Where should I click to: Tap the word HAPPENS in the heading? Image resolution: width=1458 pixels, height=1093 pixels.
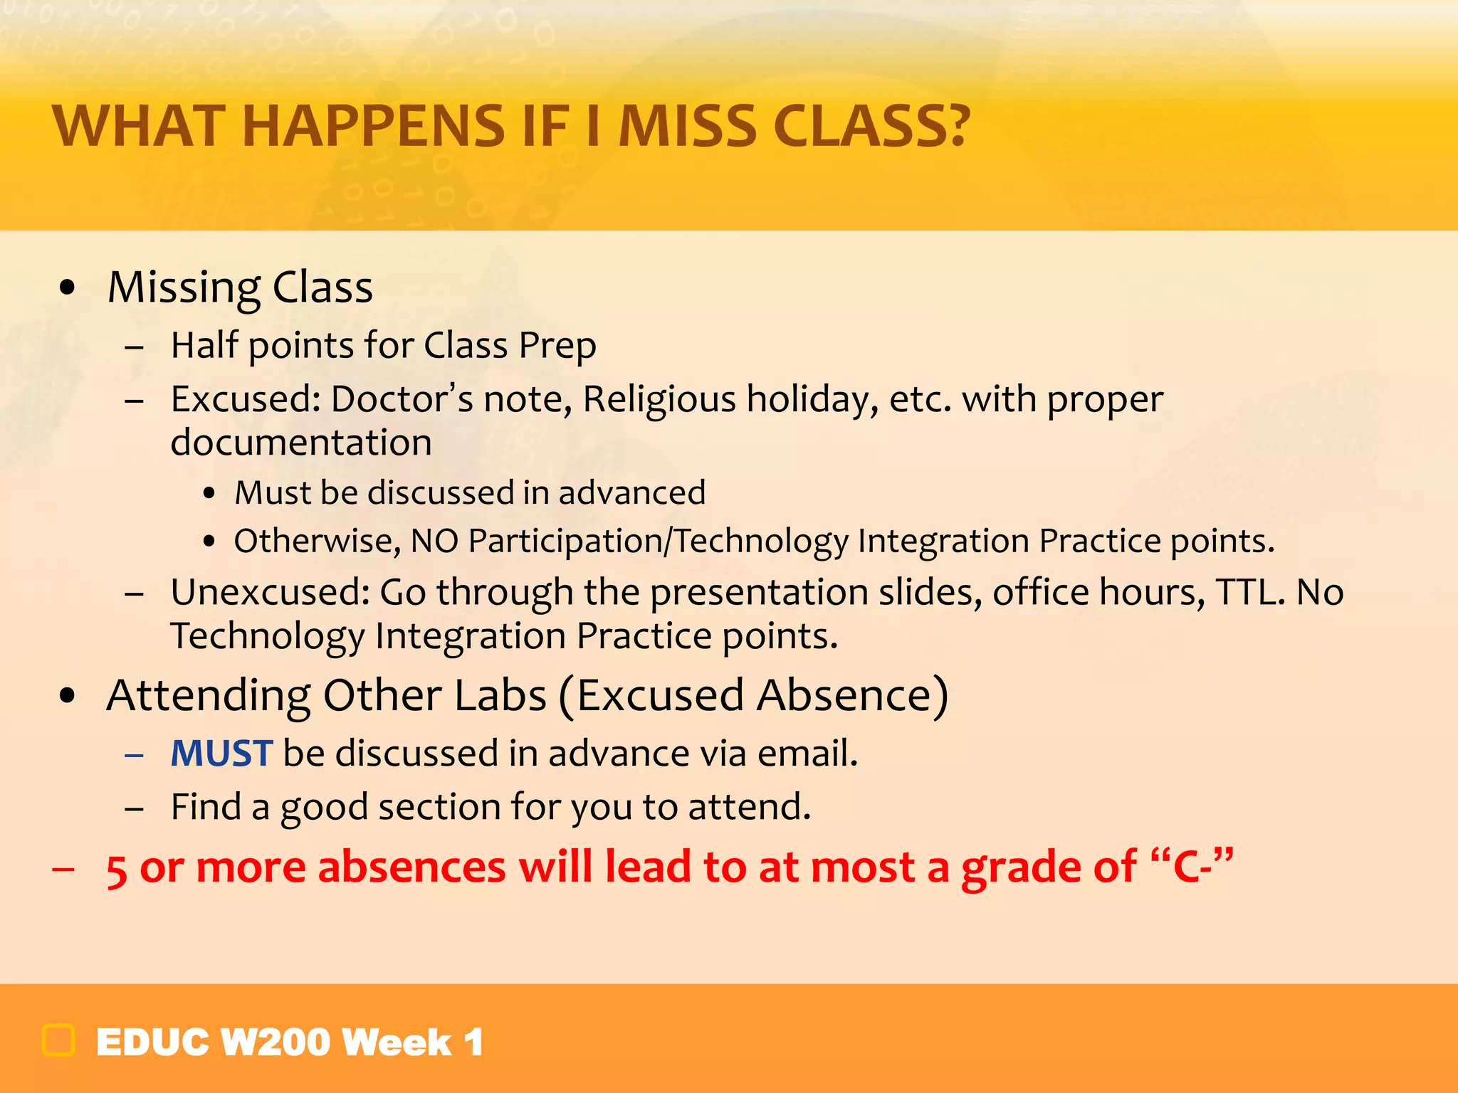[x=373, y=127]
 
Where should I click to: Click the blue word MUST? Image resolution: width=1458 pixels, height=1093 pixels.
[x=221, y=753]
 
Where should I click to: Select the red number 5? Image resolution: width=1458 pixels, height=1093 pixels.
[x=117, y=870]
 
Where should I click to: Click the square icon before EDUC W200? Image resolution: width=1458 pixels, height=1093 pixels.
[x=58, y=1040]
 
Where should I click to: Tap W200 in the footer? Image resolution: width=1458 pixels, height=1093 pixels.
[x=276, y=1042]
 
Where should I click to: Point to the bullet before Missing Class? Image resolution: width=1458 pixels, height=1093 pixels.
[x=68, y=287]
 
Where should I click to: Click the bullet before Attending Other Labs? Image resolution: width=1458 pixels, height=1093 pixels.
[x=68, y=695]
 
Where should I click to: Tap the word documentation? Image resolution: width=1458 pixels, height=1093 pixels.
[x=301, y=443]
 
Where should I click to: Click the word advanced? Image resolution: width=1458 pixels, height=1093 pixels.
[x=632, y=492]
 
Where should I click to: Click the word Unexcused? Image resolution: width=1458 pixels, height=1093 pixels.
[x=270, y=592]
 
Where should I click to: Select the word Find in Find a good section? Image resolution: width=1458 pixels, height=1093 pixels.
[x=205, y=807]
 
